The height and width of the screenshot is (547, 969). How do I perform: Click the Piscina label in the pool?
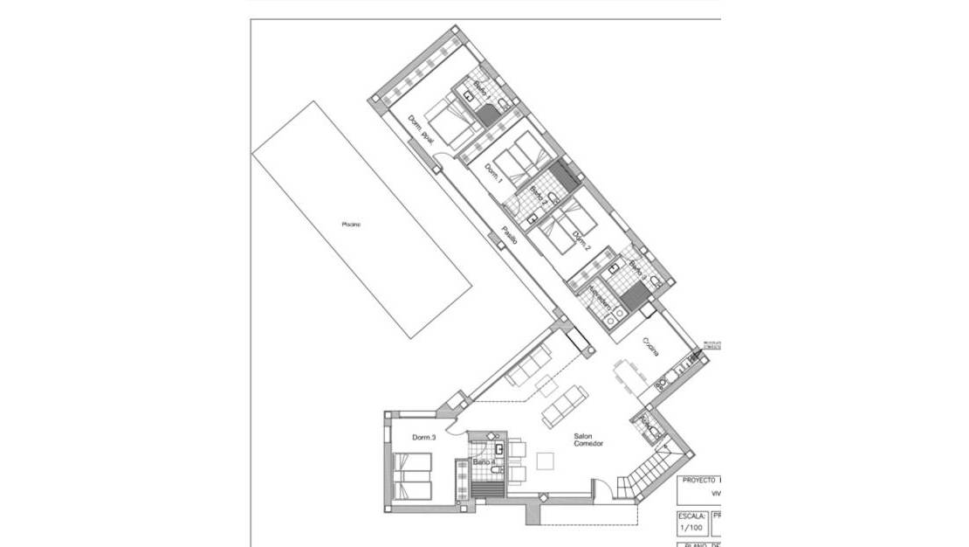pyautogui.click(x=351, y=225)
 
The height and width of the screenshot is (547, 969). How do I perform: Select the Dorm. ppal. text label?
pyautogui.click(x=421, y=131)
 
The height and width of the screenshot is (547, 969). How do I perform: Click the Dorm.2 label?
pyautogui.click(x=581, y=240)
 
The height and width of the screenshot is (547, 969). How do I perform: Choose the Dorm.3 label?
pyautogui.click(x=424, y=436)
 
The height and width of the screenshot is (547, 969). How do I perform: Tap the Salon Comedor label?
pyautogui.click(x=588, y=440)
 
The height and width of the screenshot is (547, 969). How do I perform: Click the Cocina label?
pyautogui.click(x=651, y=346)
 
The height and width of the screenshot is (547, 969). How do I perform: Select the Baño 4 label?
pyautogui.click(x=484, y=462)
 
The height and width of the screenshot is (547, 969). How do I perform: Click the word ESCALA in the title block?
pyautogui.click(x=692, y=516)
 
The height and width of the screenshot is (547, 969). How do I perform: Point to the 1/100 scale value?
pyautogui.click(x=691, y=528)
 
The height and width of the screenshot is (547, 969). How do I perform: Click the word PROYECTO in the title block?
pyautogui.click(x=698, y=480)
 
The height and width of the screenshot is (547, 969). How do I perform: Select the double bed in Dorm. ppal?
pyautogui.click(x=452, y=122)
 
